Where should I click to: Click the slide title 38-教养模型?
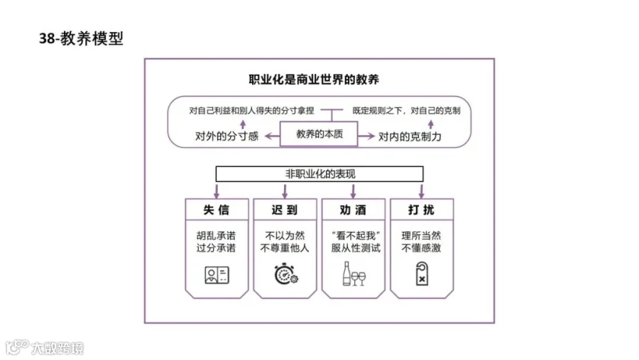(81, 38)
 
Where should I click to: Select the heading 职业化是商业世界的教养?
(314, 79)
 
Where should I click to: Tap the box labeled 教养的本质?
(319, 133)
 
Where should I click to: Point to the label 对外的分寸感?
(226, 136)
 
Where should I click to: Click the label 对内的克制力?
(410, 136)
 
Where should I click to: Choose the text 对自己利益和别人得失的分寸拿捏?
(251, 111)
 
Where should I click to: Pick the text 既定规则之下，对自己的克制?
(406, 111)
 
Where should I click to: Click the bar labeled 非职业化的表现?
(319, 174)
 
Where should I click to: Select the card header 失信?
(217, 210)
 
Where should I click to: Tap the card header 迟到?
(285, 210)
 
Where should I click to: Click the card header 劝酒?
(354, 210)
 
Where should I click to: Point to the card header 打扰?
(422, 210)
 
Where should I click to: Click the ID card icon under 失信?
(217, 275)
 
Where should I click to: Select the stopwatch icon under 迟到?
(286, 274)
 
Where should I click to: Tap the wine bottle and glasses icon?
(354, 273)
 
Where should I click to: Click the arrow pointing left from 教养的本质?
(272, 136)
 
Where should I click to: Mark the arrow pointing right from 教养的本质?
(366, 136)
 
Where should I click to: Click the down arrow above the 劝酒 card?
(354, 191)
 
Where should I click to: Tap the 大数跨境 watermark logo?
(45, 348)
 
